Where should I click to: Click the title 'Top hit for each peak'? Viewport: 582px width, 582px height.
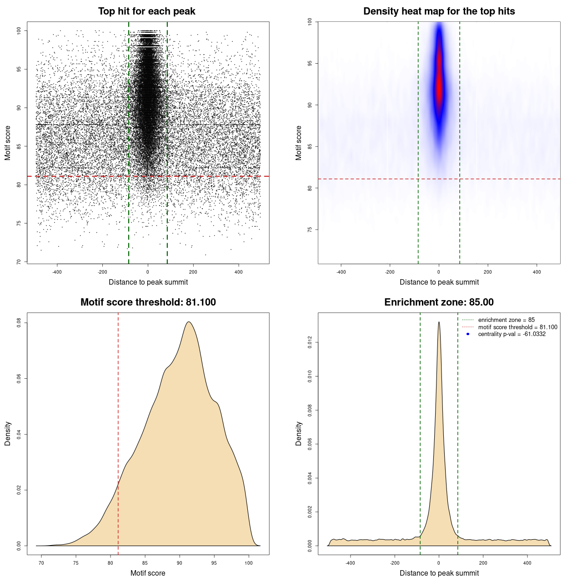pyautogui.click(x=146, y=11)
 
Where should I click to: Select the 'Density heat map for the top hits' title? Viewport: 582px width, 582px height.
pyautogui.click(x=439, y=11)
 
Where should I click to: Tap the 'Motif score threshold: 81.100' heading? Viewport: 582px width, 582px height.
pyautogui.click(x=148, y=302)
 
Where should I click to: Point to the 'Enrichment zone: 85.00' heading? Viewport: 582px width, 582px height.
pyautogui.click(x=439, y=302)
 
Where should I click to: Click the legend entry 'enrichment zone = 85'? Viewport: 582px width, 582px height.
pyautogui.click(x=506, y=320)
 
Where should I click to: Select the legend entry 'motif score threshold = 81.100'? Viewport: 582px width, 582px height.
pyautogui.click(x=517, y=327)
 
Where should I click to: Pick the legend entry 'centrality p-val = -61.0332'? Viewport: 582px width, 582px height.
pyautogui.click(x=512, y=334)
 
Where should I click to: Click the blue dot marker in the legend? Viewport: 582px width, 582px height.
pyautogui.click(x=468, y=334)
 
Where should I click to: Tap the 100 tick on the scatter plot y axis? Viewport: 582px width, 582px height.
pyautogui.click(x=19, y=30)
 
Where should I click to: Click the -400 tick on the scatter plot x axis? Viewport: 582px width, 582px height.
pyautogui.click(x=57, y=272)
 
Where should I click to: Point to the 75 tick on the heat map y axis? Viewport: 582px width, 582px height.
pyautogui.click(x=310, y=230)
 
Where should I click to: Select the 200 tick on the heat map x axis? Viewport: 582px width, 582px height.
pyautogui.click(x=488, y=272)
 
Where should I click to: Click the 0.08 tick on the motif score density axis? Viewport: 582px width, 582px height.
pyautogui.click(x=19, y=323)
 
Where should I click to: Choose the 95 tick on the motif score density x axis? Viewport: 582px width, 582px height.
pyautogui.click(x=214, y=563)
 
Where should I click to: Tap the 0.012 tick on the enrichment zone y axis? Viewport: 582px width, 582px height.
pyautogui.click(x=310, y=342)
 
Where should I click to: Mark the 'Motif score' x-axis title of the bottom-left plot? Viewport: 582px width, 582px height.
pyautogui.click(x=148, y=573)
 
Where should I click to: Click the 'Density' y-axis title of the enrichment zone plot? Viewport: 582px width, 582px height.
pyautogui.click(x=299, y=433)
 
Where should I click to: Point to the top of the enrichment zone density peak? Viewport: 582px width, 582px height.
pyautogui.click(x=439, y=322)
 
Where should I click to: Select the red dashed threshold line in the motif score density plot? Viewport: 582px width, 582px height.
pyautogui.click(x=118, y=432)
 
